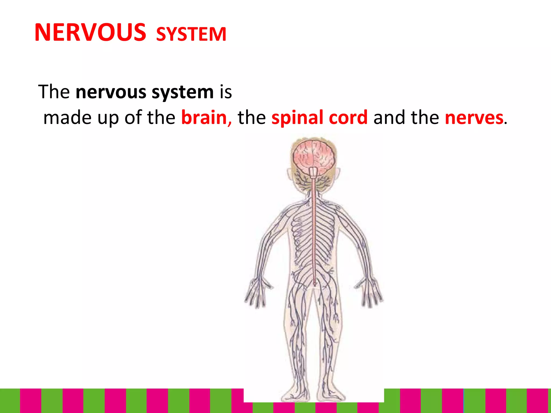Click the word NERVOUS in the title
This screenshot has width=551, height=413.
(x=90, y=33)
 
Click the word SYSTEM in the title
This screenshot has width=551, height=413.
(x=191, y=34)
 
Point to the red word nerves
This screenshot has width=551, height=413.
(x=474, y=118)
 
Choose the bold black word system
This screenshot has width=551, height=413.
(x=183, y=92)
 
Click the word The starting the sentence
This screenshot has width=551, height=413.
(x=54, y=92)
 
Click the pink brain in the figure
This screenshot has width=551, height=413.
(x=313, y=157)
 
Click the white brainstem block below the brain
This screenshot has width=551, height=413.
(x=314, y=172)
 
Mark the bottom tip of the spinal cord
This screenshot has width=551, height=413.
(x=315, y=284)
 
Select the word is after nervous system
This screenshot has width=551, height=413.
(x=226, y=92)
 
